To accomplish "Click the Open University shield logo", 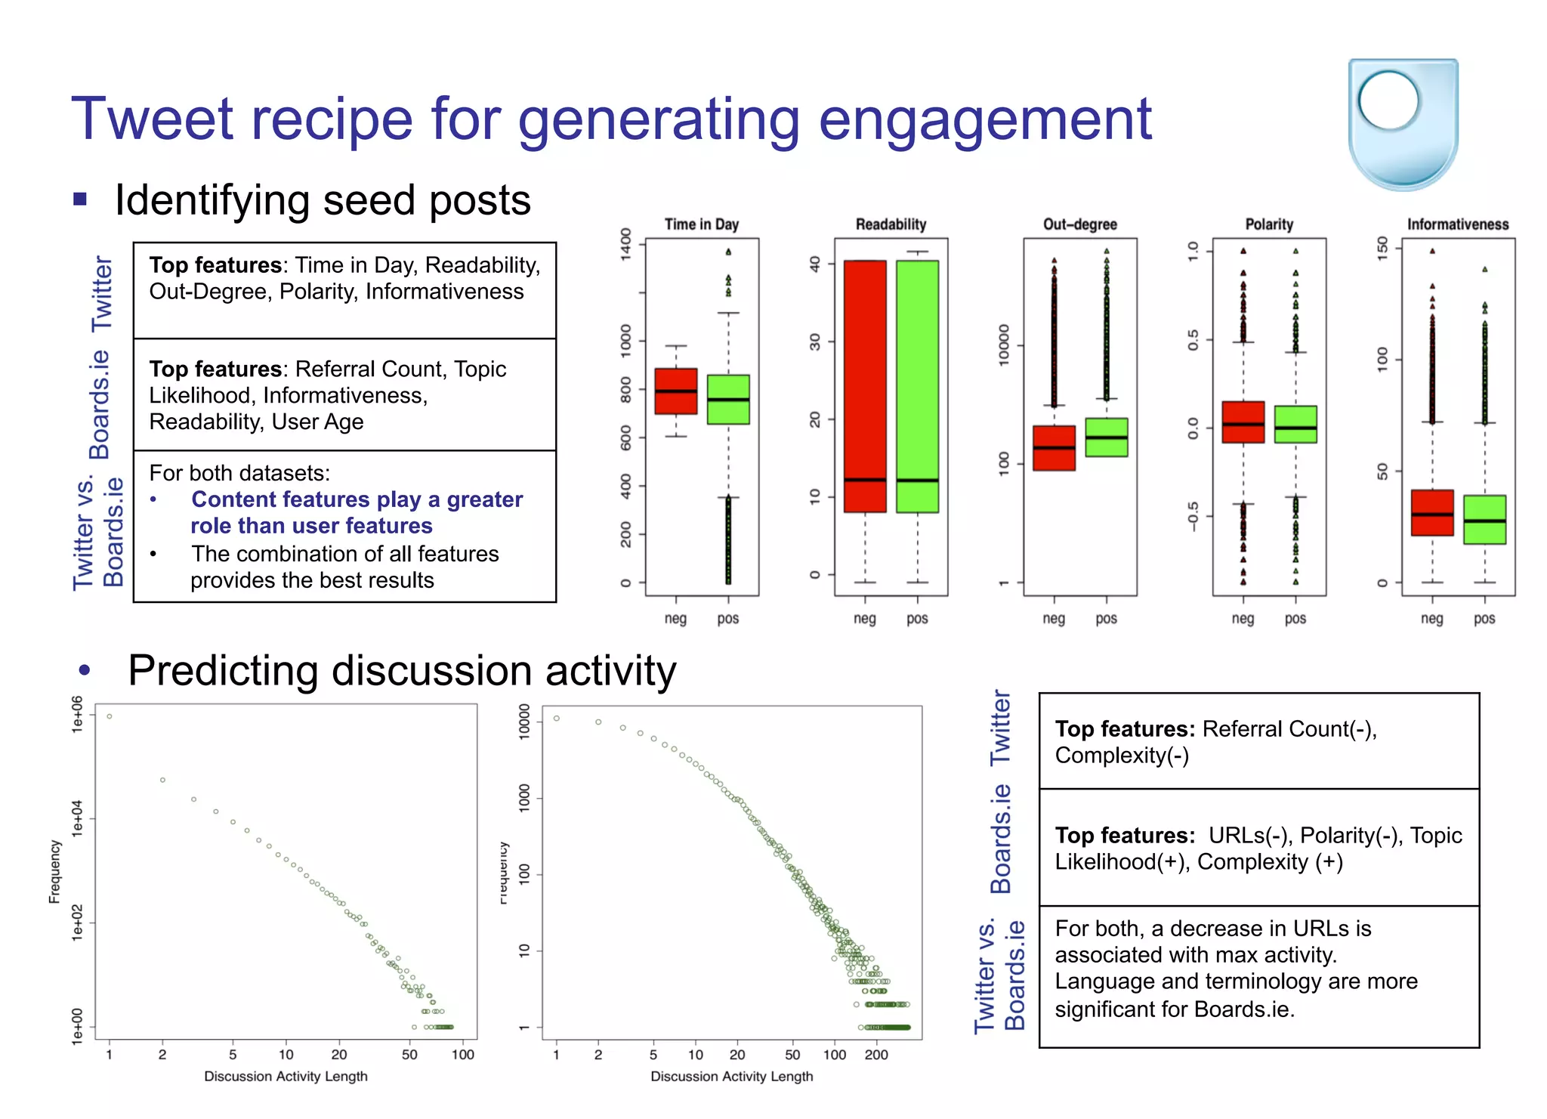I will pos(1403,123).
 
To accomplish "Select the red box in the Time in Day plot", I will pos(675,391).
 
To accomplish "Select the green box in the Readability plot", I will pos(917,386).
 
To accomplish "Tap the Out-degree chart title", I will pos(1079,224).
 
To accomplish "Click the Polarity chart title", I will pos(1268,224).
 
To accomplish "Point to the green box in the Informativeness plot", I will pos(1484,519).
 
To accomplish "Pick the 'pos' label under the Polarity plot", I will pos(1295,618).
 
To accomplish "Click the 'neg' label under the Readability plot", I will pos(864,618).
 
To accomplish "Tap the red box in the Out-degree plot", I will pos(1054,447).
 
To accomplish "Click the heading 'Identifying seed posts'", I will pos(323,200).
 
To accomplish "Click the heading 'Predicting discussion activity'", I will pos(402,670).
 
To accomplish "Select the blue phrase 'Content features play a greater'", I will pos(357,499).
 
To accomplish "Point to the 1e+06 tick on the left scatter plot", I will pos(77,714).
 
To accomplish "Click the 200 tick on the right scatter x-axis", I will pos(875,1055).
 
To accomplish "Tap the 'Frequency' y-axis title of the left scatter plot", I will pos(54,871).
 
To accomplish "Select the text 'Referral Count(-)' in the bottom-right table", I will pos(1289,728).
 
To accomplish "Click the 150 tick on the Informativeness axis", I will pos(1382,248).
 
